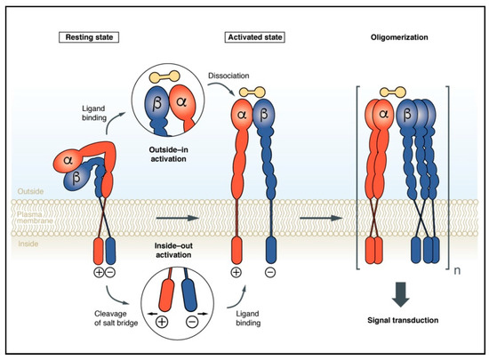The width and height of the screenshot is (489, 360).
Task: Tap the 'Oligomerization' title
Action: (x=393, y=38)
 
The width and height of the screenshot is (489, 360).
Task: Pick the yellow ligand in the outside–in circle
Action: (x=174, y=78)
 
